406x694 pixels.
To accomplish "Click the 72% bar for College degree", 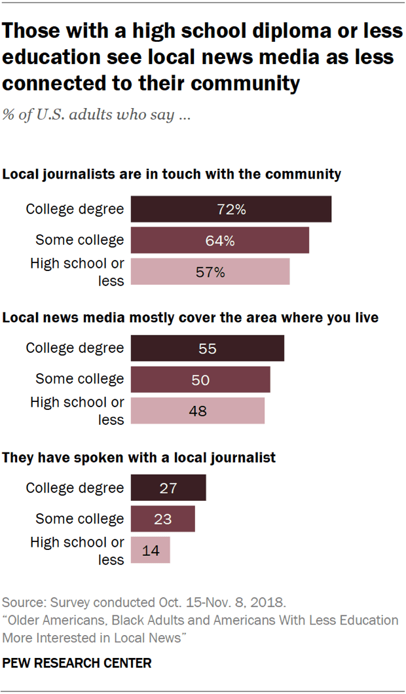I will [231, 210].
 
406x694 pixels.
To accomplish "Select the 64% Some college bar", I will [220, 240].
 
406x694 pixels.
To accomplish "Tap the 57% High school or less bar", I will [210, 272].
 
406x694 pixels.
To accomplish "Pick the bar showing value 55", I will [208, 348].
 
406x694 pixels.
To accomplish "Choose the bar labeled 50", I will [200, 379].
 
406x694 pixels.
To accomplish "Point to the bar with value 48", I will [198, 411].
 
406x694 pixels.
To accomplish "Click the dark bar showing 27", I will [168, 488].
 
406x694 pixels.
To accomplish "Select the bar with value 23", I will [163, 519].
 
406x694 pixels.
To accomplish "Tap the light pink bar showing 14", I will [151, 550].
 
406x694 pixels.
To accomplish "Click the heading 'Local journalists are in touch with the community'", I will [172, 175].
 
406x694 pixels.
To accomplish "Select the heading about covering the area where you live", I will [191, 318].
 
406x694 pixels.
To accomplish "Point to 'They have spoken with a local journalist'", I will [139, 458].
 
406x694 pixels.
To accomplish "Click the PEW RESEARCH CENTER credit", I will [77, 663].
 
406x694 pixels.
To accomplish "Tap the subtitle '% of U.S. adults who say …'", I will [97, 116].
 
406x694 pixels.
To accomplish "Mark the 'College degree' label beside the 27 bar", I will [75, 488].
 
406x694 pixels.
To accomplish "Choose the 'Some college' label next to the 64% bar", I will [79, 240].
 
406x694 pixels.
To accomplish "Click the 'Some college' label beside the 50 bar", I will [79, 379].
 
